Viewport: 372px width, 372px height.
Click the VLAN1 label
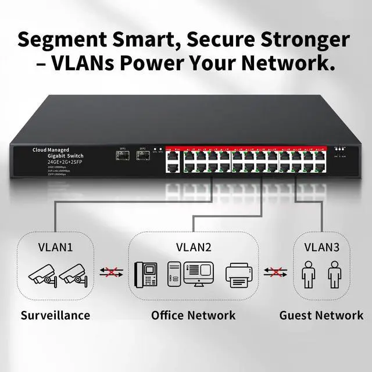(56, 247)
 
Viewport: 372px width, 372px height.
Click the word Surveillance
(55, 316)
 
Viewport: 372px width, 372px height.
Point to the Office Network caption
(194, 316)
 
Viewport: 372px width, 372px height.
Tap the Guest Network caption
(321, 316)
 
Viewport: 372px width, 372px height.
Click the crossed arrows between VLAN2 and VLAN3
(274, 272)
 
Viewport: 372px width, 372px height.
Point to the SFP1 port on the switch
(123, 156)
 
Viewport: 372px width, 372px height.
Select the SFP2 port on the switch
(142, 156)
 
